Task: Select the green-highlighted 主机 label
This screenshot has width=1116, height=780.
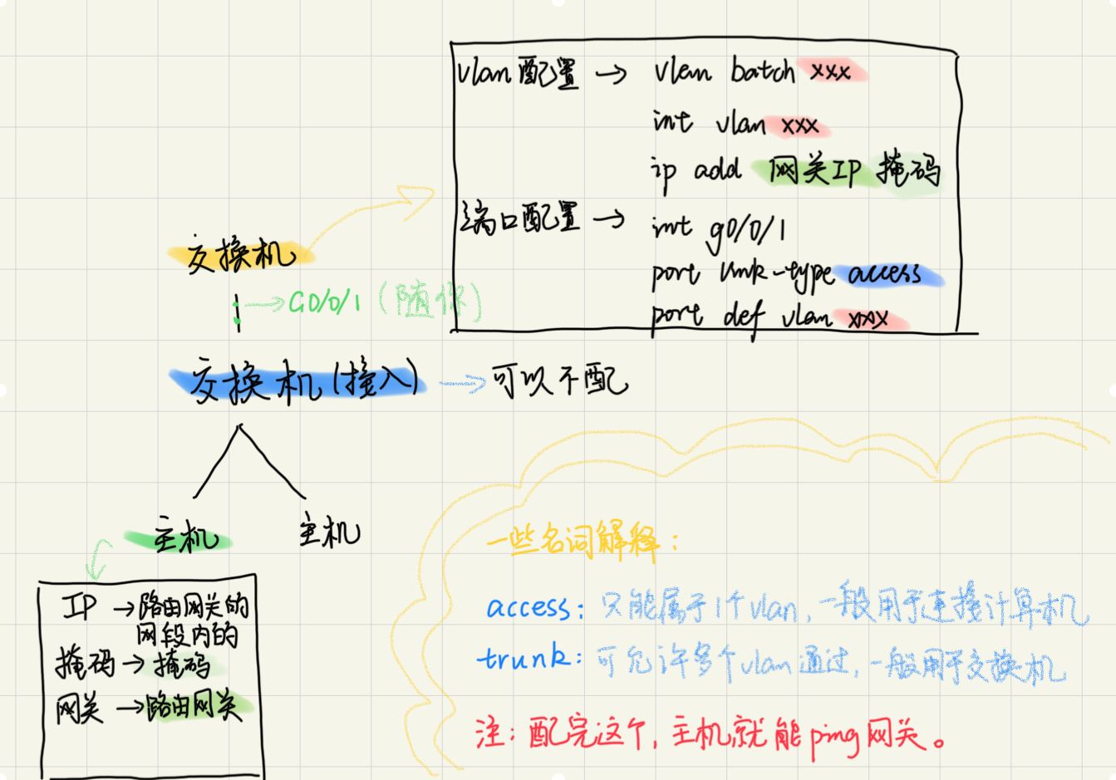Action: click(x=184, y=539)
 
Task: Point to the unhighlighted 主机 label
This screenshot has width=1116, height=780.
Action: click(x=329, y=532)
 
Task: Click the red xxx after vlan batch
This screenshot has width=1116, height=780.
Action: click(x=830, y=72)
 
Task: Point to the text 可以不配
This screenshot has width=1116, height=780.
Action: click(x=560, y=381)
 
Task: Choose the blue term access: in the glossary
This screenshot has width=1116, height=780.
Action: click(x=529, y=608)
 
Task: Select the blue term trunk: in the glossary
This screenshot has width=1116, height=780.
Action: click(x=528, y=659)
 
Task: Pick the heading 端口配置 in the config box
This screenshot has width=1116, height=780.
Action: click(x=518, y=219)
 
